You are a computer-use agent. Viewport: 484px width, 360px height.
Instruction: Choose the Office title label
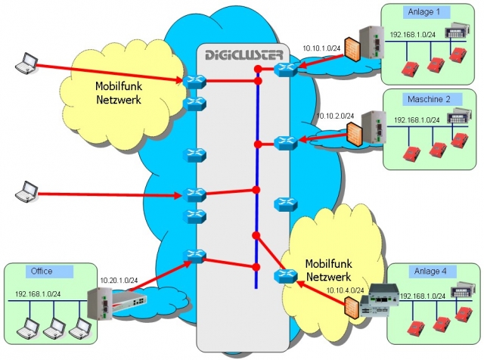point(42,271)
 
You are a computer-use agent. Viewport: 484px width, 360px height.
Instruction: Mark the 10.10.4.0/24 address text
point(345,290)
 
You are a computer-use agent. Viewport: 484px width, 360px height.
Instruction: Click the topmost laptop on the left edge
point(27,64)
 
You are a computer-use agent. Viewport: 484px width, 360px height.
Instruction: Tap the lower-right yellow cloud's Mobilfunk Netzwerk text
point(328,270)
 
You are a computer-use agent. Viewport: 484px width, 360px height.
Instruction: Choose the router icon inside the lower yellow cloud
point(285,276)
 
